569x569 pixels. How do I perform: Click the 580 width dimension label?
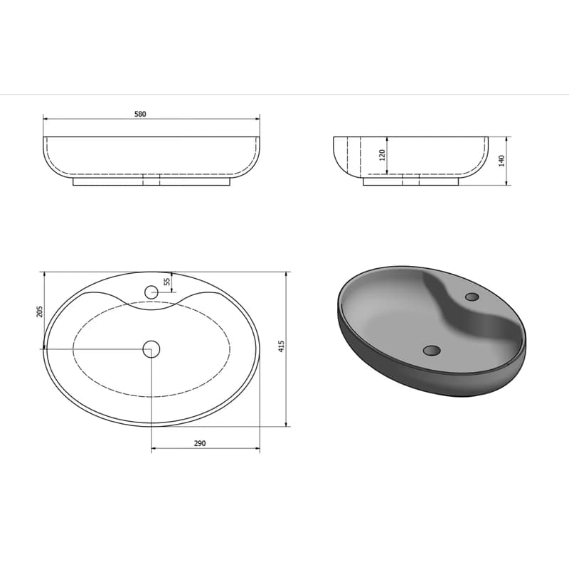tap(140, 114)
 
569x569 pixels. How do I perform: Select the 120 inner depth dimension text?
tap(382, 155)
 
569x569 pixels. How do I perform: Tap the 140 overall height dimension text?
tap(501, 161)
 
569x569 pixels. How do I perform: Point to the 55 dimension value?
tap(167, 282)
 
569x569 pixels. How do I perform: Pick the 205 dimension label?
tap(40, 312)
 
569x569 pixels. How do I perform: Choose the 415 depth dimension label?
tap(281, 346)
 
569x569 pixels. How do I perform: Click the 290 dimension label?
tap(200, 443)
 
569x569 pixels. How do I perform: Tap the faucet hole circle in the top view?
tap(151, 292)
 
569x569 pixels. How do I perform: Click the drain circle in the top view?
tap(151, 349)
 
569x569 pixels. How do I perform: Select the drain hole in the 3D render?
tap(432, 350)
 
